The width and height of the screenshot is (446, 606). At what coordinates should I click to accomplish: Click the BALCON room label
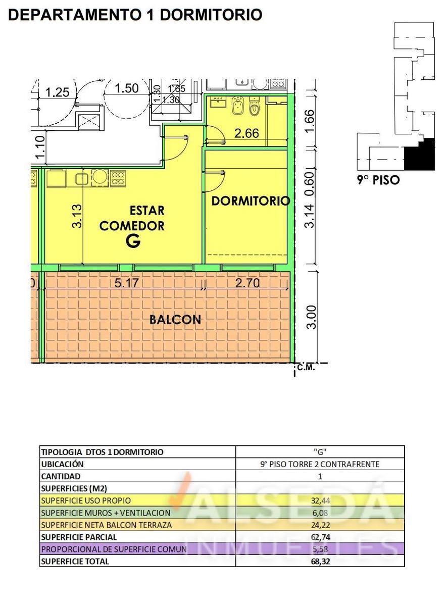(x=175, y=320)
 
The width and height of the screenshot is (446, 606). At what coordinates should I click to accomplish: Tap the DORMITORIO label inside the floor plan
(x=251, y=201)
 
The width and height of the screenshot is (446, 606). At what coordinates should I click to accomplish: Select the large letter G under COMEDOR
(x=133, y=240)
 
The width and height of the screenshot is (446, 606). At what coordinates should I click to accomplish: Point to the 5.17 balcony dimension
(x=127, y=283)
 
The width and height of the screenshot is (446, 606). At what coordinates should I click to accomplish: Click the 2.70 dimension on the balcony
(x=247, y=283)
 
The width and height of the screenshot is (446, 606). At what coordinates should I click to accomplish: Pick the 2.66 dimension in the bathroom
(x=246, y=133)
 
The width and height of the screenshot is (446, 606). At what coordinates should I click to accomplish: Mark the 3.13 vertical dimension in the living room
(x=77, y=216)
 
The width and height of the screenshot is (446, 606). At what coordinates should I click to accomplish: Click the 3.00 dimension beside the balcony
(x=312, y=317)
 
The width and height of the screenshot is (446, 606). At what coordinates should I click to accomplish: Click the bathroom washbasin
(x=218, y=102)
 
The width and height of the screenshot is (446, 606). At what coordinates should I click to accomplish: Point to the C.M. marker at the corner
(x=306, y=368)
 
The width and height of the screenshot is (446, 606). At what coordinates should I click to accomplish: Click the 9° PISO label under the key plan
(x=378, y=180)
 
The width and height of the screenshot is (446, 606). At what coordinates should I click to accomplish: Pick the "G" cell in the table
(x=320, y=452)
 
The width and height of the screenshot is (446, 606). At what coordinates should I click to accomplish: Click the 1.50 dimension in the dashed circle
(x=127, y=88)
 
